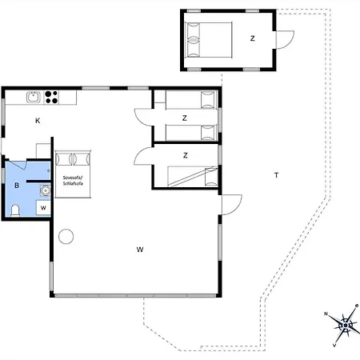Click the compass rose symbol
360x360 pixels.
[x=346, y=325]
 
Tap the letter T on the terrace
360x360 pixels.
[x=276, y=174]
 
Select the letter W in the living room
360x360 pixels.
[x=139, y=250]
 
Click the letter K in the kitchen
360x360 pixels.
[x=37, y=121]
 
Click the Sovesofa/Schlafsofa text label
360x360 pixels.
[x=74, y=182]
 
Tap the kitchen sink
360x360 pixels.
[x=34, y=98]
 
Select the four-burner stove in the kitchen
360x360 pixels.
[x=52, y=98]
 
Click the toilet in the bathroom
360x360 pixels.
[x=16, y=210]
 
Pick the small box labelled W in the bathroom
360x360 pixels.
[x=43, y=207]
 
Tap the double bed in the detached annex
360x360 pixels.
[x=207, y=38]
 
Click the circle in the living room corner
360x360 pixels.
[x=66, y=237]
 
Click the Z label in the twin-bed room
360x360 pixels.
[x=184, y=118]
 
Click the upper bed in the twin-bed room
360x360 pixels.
[x=186, y=100]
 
